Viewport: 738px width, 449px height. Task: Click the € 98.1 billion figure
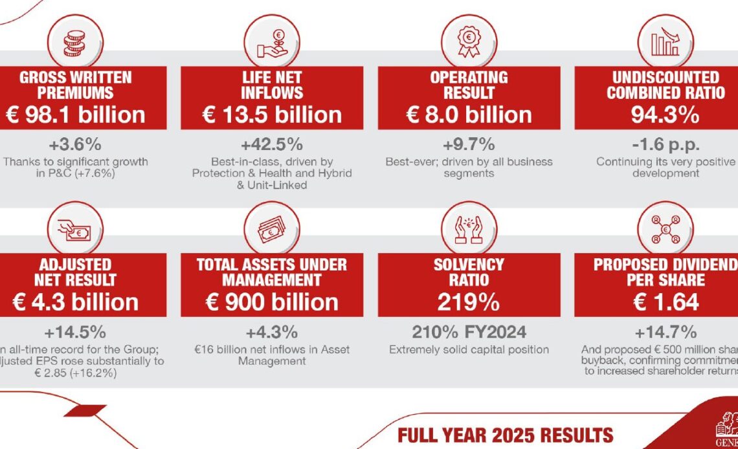coord(76,115)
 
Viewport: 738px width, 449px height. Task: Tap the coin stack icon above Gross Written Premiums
coord(76,43)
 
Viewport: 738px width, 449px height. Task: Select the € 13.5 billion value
coord(272,115)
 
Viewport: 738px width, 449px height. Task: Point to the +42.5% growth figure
coord(272,144)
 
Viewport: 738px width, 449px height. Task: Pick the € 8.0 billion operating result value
coord(469,115)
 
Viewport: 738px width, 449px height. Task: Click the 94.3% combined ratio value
coord(665,115)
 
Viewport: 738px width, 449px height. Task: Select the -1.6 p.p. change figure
coord(665,144)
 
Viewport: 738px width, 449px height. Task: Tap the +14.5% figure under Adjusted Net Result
coord(75,333)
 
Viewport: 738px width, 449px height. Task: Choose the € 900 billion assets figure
coord(272,302)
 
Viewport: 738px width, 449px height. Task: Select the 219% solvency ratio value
coord(469,302)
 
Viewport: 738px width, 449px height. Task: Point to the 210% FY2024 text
coord(469,333)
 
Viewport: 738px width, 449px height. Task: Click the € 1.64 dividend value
coord(665,302)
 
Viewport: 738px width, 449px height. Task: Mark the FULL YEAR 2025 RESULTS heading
coord(505,434)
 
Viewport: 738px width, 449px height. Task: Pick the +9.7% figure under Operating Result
coord(469,144)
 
